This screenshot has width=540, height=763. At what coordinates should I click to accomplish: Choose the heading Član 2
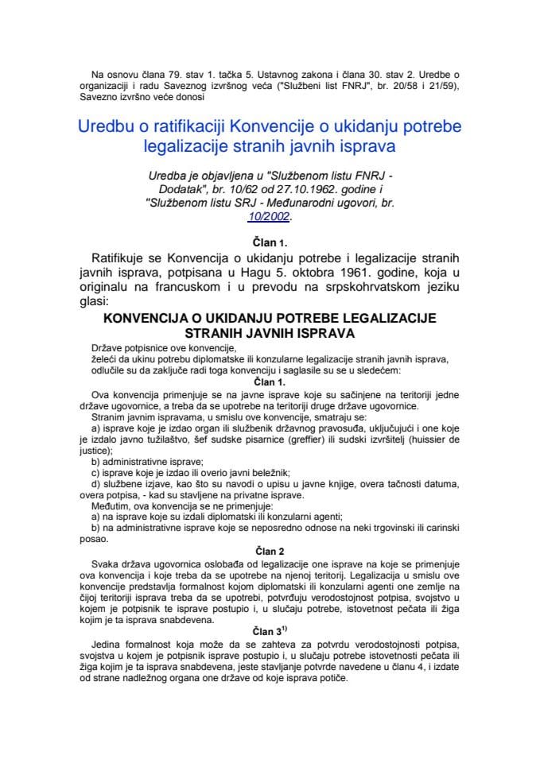click(x=270, y=549)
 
